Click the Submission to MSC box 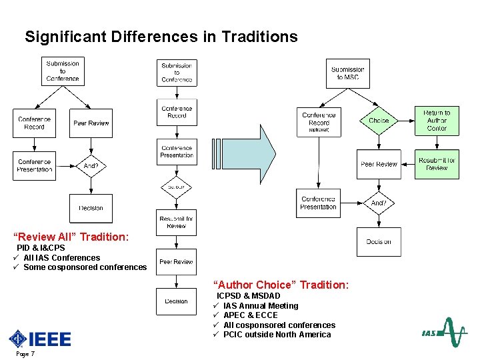coord(347,73)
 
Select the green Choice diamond coord(379,121)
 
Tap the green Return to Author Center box coord(437,121)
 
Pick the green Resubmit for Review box coord(437,164)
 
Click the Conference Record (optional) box coord(319,123)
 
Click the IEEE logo coord(40,339)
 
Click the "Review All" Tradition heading coord(71,237)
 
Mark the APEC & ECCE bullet coord(250,315)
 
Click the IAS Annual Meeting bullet coord(261,306)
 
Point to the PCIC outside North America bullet coord(277,335)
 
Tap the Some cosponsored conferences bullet coord(85,267)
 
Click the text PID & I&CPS coord(41,248)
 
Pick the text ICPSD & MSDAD coord(248,296)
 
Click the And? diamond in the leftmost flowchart coord(91,165)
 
